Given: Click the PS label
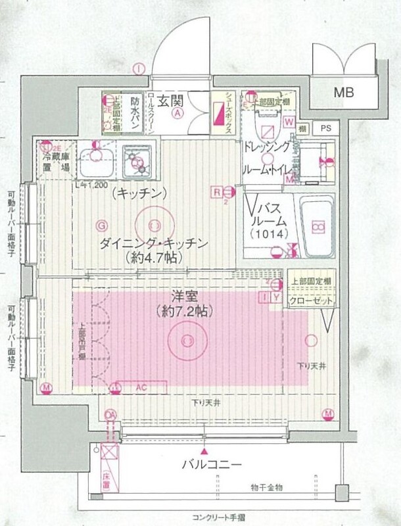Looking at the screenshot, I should coord(325,129).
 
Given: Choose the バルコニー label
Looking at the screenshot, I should coord(212,465).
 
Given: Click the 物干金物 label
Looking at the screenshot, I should coord(266,487).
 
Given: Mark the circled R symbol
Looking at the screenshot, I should coord(215,191).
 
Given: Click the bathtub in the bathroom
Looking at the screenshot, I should coord(318,226).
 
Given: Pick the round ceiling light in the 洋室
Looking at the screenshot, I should coord(186,340).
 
